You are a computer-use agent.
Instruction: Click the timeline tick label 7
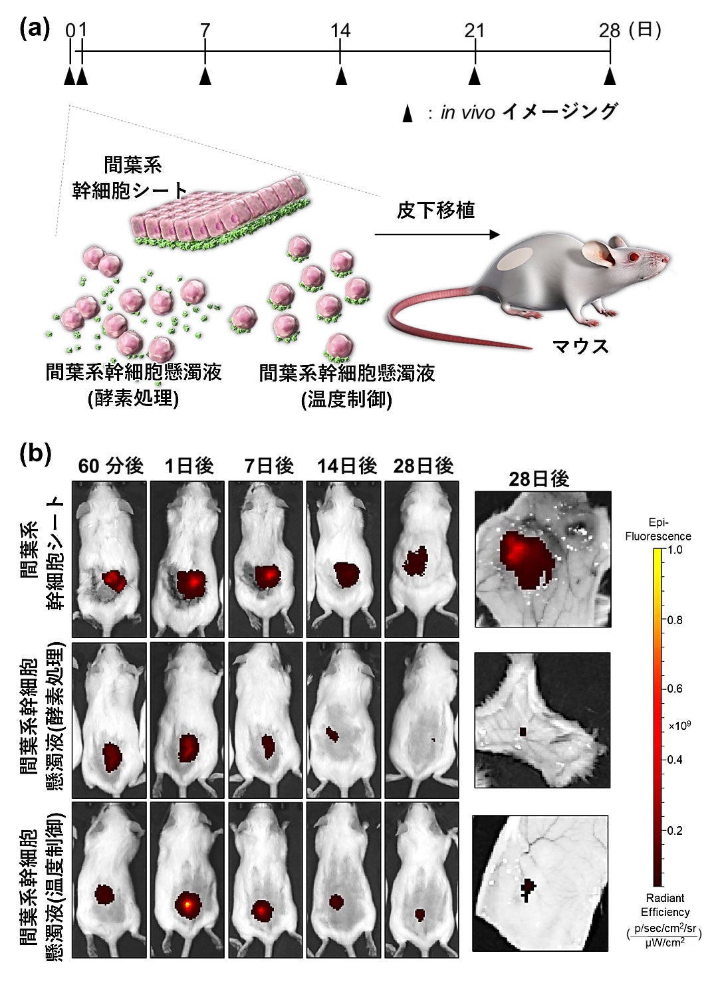(x=205, y=31)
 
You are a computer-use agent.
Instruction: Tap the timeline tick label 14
(x=340, y=31)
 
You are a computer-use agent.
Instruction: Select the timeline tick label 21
(x=475, y=31)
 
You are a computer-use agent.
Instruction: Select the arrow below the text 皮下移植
(x=436, y=235)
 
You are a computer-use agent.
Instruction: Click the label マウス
(x=580, y=346)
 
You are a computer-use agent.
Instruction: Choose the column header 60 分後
(x=110, y=466)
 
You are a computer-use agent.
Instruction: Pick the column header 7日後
(x=268, y=466)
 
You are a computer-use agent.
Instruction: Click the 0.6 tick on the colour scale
(x=674, y=689)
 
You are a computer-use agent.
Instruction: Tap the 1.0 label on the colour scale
(x=675, y=550)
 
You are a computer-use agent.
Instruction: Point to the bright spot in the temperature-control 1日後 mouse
(x=189, y=904)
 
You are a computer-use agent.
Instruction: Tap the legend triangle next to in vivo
(x=408, y=114)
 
